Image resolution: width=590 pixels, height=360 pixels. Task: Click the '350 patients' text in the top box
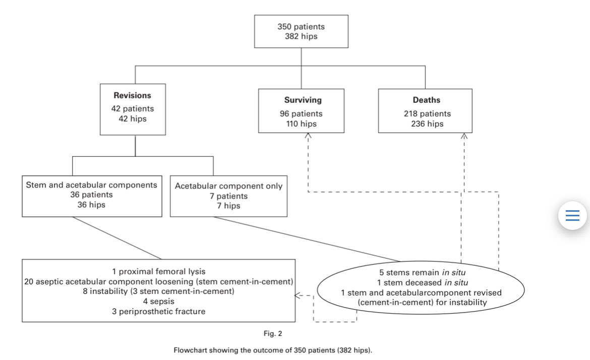[301, 26]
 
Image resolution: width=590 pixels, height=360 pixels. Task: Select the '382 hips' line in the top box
[301, 36]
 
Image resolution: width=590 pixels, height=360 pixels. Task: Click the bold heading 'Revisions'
[132, 95]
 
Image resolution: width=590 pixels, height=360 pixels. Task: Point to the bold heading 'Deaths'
[427, 100]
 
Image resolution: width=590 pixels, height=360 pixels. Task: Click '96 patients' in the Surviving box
[301, 113]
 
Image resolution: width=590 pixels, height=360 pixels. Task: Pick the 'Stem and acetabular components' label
[91, 185]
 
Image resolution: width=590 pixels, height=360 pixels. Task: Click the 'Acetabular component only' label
[229, 186]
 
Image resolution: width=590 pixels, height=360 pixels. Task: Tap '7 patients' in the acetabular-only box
[229, 196]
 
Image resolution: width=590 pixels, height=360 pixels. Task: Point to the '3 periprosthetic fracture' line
[158, 311]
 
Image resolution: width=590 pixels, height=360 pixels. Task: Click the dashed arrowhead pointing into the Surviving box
[308, 136]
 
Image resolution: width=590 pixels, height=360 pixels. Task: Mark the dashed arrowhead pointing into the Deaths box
[464, 136]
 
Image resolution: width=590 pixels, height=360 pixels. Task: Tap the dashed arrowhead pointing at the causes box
[299, 296]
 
